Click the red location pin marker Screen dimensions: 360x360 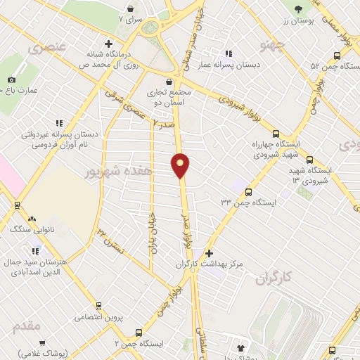click(x=181, y=165)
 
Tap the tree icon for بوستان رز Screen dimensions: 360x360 click(x=299, y=9)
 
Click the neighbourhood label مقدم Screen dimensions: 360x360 click(x=26, y=327)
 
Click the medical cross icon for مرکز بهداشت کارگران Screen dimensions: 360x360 click(x=208, y=252)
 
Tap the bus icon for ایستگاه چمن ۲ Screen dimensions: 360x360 click(x=139, y=333)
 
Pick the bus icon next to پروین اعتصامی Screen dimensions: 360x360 click(x=98, y=306)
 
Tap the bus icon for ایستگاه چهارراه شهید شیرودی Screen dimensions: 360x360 click(x=275, y=134)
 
